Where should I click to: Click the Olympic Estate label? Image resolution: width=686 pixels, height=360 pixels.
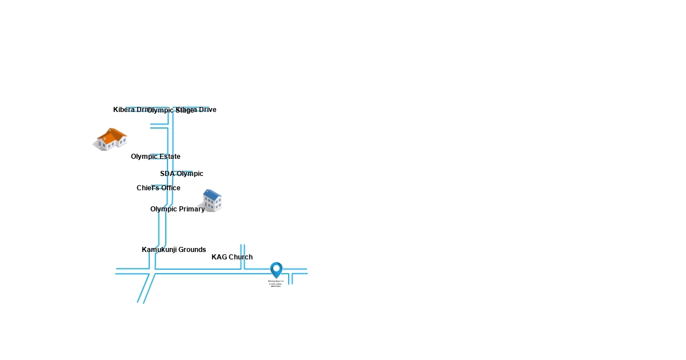coord(155,157)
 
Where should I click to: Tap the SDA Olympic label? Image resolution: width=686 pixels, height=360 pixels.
coord(181,174)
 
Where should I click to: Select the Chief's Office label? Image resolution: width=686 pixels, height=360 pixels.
coord(158,188)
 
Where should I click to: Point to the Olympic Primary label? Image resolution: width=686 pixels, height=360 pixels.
coord(177,209)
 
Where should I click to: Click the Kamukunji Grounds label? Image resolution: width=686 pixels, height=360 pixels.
coord(174,250)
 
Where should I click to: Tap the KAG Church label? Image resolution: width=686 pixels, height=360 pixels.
coord(232,257)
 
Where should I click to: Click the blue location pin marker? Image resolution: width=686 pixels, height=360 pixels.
coord(276,270)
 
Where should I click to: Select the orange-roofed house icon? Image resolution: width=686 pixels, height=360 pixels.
coord(110,139)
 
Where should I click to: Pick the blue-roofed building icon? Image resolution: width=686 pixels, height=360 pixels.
coord(210,201)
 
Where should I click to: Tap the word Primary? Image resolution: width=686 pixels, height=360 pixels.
coord(191,209)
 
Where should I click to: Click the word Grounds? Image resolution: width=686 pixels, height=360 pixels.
coord(192,250)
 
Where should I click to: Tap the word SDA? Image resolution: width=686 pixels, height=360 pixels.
coord(167,174)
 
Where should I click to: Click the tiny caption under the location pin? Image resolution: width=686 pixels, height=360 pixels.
coord(276,283)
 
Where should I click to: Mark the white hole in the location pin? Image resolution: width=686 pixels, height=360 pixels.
coord(276,267)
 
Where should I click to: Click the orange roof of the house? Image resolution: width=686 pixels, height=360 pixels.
coord(113,134)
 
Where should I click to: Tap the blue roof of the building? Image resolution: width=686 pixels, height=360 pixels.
coord(212,195)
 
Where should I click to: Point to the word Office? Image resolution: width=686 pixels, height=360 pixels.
coord(169,188)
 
